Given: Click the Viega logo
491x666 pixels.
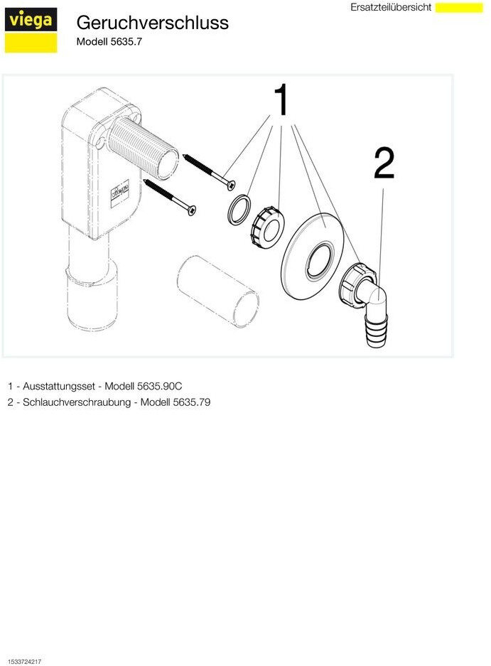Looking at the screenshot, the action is click(31, 31).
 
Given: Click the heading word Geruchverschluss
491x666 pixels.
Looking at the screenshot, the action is click(153, 23).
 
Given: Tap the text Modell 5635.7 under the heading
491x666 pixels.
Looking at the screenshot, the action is click(109, 42).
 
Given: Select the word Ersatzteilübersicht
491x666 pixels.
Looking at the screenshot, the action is click(390, 7).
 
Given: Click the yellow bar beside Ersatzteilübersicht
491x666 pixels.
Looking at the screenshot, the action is click(459, 7).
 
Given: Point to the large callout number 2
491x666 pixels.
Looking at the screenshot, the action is click(384, 163).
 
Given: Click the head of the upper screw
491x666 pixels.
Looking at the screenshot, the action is click(231, 186).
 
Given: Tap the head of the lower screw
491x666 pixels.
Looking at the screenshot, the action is click(192, 210).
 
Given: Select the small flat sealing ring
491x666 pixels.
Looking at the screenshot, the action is click(239, 210).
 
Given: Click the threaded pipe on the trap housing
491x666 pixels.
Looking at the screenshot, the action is click(143, 147).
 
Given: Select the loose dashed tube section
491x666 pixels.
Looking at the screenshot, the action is click(217, 291).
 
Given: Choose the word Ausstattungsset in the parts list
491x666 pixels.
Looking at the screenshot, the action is click(58, 386).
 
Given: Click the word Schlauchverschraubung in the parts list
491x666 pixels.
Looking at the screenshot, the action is click(77, 402).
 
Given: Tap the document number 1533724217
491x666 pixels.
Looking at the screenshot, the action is click(25, 661).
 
